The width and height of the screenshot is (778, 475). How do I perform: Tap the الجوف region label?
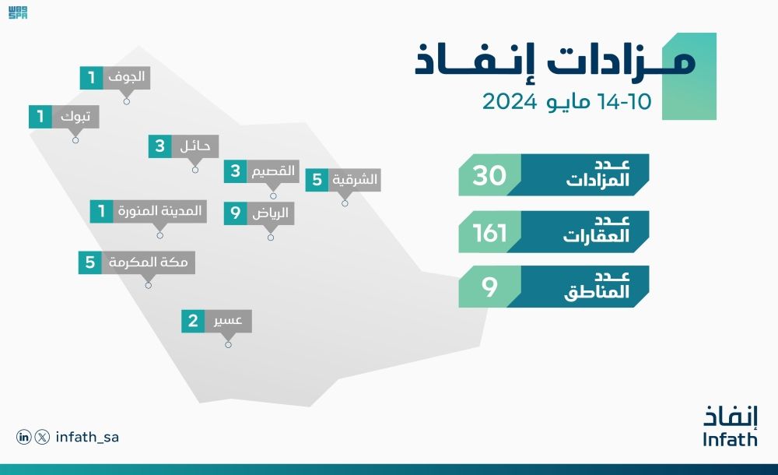point(124,77)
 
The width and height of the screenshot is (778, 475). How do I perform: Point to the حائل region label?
point(194,146)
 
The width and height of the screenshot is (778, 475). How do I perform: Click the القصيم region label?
point(273,171)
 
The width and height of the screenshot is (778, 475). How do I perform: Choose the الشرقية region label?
point(355,180)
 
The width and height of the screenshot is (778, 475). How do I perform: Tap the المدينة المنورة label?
point(159,211)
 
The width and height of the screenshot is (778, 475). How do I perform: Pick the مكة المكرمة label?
point(148,262)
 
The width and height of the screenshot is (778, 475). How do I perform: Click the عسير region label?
point(227,321)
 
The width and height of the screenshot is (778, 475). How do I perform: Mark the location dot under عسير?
point(228,344)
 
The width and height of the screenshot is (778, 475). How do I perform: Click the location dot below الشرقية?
point(345,203)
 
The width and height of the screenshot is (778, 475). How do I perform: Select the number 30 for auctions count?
point(490,175)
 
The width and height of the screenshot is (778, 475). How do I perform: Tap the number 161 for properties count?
point(490,232)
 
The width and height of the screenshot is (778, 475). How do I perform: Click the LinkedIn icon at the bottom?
point(24,438)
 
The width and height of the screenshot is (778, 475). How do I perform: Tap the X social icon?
point(42,438)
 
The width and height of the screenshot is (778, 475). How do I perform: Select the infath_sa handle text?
point(87,438)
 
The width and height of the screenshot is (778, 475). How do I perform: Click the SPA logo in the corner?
point(18,13)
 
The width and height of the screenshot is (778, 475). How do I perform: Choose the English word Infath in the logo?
point(729,440)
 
